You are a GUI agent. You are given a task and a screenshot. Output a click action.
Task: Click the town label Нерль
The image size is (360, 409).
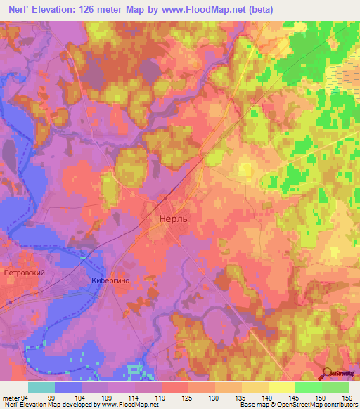click(169, 220)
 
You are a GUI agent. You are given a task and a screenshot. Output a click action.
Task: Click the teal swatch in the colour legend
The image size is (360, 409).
click(41, 387)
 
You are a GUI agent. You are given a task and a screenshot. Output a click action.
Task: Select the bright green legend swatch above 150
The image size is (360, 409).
click(309, 387)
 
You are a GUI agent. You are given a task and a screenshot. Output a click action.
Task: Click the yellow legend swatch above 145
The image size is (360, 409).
click(282, 387)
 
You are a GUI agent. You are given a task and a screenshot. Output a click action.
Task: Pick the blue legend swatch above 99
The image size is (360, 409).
click(68, 387)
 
